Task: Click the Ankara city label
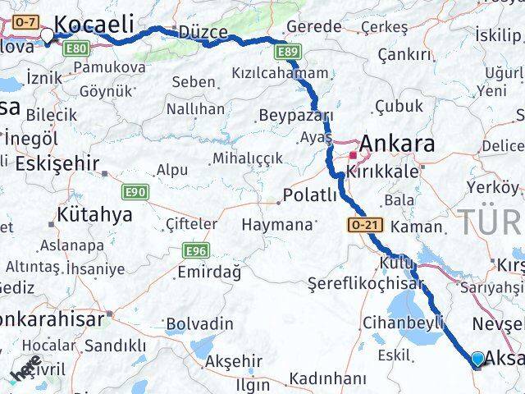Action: point(397,144)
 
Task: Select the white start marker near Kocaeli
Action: point(47,35)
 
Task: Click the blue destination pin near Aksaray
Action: point(478,358)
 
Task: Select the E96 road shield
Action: point(197,251)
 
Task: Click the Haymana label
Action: point(277,224)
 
